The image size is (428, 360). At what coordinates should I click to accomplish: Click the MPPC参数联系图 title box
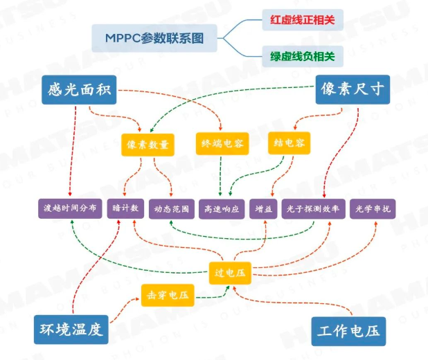[154, 37]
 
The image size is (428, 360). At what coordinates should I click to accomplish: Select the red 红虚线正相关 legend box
[302, 20]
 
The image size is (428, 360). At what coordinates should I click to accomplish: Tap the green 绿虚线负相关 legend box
[302, 56]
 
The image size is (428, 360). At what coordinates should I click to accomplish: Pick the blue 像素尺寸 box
[352, 89]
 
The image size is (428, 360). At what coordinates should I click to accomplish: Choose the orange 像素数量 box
[148, 143]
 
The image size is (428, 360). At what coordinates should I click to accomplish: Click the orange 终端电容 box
[222, 143]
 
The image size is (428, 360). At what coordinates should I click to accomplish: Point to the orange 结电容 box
[289, 143]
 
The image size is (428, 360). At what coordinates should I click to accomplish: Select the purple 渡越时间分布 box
[70, 208]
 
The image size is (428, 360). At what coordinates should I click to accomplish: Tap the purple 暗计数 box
[125, 208]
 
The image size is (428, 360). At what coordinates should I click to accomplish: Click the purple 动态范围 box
[170, 208]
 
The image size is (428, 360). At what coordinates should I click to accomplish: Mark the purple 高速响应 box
[221, 208]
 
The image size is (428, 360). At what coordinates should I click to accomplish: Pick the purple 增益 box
[263, 208]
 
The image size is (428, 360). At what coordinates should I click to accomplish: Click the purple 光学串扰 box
[374, 208]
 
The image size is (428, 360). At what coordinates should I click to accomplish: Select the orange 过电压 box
[230, 272]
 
